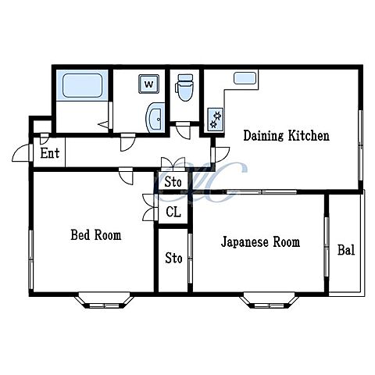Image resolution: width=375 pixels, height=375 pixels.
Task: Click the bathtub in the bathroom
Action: coord(82,85)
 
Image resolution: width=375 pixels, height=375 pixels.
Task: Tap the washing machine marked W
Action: coord(148,84)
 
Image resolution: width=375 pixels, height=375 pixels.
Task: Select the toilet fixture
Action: coord(185,87)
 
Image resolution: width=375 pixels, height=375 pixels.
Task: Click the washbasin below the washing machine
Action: coord(155,118)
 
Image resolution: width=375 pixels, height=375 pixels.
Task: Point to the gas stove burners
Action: coord(216,120)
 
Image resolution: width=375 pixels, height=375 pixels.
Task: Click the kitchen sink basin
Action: coord(245,78)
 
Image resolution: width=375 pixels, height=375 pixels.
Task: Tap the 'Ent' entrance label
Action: coord(50,153)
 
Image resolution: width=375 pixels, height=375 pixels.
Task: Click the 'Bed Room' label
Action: coord(96,235)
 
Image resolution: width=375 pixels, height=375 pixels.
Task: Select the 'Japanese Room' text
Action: coord(260,242)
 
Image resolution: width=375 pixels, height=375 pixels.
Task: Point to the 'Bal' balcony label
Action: coord(346,250)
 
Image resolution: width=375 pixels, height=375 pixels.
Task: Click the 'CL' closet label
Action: coord(173,212)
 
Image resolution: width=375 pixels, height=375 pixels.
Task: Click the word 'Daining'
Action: coord(263,136)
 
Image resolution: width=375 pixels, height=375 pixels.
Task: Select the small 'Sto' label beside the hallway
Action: coord(173,182)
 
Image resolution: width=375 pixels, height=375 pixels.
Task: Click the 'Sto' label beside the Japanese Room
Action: coord(173,258)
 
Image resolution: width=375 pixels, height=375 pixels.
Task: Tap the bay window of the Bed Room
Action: coord(104,301)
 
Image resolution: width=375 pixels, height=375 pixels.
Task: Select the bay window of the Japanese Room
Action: coord(270,301)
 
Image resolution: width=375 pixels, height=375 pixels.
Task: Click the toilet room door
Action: coord(183,130)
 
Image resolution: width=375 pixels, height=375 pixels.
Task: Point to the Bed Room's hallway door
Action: coord(127,177)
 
